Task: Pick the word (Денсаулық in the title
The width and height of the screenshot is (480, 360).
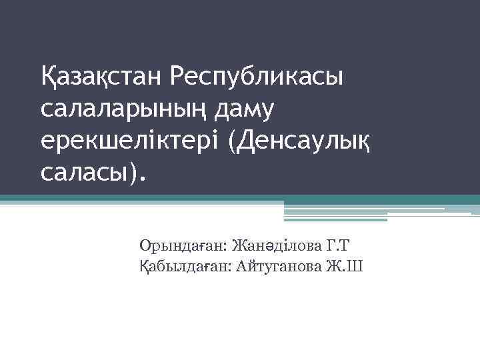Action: (x=300, y=141)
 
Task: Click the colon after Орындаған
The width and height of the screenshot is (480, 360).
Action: (x=227, y=247)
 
